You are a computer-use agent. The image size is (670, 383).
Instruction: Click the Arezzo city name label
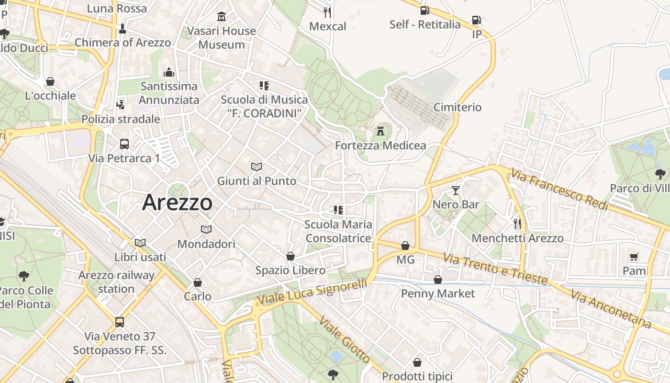point(177,202)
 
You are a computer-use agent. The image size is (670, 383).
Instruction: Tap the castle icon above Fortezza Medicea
point(380,130)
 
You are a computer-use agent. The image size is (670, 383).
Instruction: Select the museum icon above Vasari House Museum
point(222,17)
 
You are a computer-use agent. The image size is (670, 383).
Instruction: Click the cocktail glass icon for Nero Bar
point(455,191)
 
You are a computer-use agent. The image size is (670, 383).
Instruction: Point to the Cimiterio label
point(458,107)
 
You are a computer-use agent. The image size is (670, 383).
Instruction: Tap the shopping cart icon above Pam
point(634,257)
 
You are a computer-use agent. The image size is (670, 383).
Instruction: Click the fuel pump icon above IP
point(476,20)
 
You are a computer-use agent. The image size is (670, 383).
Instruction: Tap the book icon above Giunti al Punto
point(257,167)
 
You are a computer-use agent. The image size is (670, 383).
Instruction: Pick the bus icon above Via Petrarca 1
point(124,144)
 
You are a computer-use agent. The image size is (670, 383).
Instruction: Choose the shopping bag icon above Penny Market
point(437,280)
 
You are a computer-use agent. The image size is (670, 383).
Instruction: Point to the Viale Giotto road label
point(345,340)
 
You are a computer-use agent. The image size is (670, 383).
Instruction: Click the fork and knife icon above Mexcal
point(327,12)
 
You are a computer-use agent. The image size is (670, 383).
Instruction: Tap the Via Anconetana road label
point(611,309)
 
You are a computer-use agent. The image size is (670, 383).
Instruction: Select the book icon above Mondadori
point(206,230)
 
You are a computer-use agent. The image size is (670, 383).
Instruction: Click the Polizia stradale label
point(121,119)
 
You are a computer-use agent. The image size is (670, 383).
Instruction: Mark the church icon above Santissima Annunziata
point(168,72)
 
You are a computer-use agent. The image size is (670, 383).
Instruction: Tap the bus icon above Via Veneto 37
point(120,322)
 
